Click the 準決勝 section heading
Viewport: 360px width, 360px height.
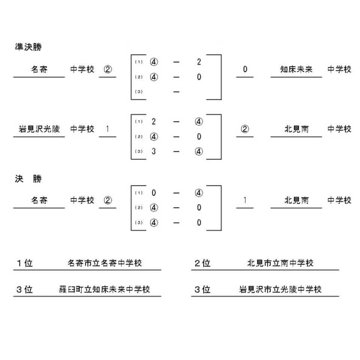click(28, 47)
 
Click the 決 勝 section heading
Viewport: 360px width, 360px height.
click(28, 178)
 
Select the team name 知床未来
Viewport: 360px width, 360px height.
click(296, 69)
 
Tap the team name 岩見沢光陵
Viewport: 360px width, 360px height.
click(39, 129)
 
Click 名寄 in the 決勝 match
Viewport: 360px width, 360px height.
click(39, 200)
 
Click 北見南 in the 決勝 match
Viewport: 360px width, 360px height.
click(296, 200)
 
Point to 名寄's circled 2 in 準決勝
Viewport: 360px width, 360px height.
click(108, 69)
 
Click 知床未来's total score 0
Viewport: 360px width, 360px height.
click(245, 69)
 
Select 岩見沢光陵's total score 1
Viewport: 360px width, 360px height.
click(108, 129)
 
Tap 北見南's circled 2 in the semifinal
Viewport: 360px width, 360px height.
click(245, 129)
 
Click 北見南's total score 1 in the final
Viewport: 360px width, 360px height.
click(245, 200)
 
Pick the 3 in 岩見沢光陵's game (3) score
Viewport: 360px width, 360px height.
click(154, 151)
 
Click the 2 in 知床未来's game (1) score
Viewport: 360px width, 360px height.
click(199, 62)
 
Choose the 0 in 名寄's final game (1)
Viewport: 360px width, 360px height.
click(154, 193)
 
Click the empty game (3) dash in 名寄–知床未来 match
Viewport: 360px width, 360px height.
click(176, 92)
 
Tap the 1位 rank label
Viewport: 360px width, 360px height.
click(25, 263)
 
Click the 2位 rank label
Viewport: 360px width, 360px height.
click(202, 263)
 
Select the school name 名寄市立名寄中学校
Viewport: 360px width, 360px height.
click(105, 263)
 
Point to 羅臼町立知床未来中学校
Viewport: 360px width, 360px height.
click(105, 289)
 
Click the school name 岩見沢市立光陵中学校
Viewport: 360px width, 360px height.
click(280, 289)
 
